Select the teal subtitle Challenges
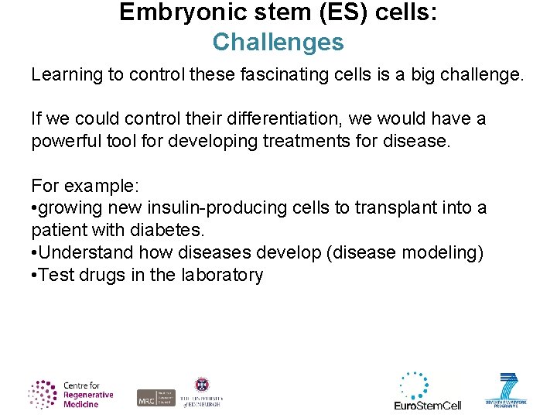pos(278,42)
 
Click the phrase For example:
pos(73,186)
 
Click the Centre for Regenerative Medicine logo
pos(70,394)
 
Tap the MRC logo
pos(155,397)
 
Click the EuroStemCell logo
pos(427,392)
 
